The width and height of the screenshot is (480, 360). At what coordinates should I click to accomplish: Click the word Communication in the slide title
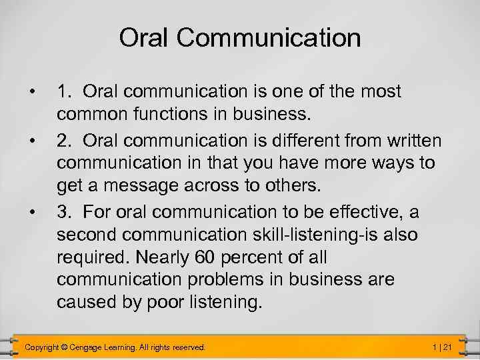pyautogui.click(x=269, y=38)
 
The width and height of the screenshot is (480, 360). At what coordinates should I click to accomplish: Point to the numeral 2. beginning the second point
pyautogui.click(x=64, y=141)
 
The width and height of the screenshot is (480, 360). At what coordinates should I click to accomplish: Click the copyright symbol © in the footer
pyautogui.click(x=64, y=347)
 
